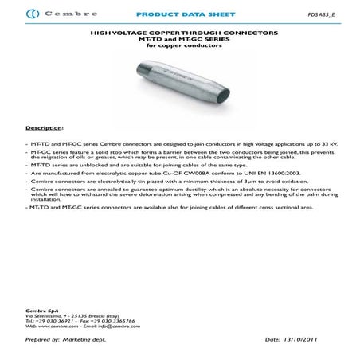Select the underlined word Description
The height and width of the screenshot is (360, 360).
(x=44, y=127)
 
